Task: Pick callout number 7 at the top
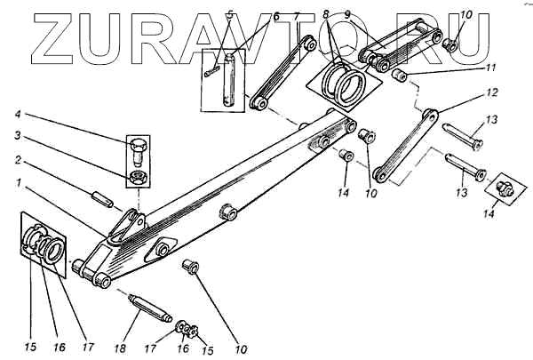(x=297, y=16)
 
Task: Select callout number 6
(x=276, y=16)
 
